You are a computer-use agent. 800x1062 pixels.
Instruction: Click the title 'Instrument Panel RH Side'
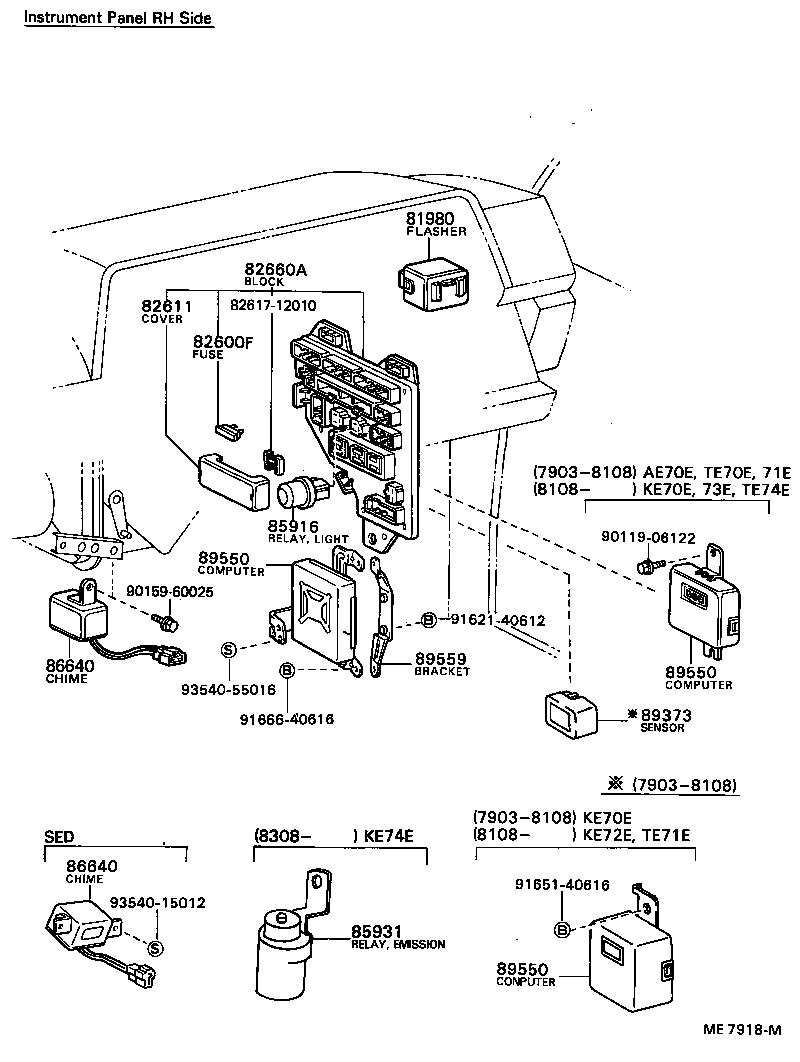tap(118, 19)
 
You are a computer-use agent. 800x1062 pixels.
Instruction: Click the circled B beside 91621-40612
tap(428, 621)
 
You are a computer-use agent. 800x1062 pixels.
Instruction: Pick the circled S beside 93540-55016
tap(227, 650)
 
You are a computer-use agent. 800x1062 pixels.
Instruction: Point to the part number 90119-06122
tap(648, 537)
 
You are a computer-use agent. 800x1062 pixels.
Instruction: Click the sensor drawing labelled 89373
tap(570, 712)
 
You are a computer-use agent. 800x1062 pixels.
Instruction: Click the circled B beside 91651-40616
tap(562, 929)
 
